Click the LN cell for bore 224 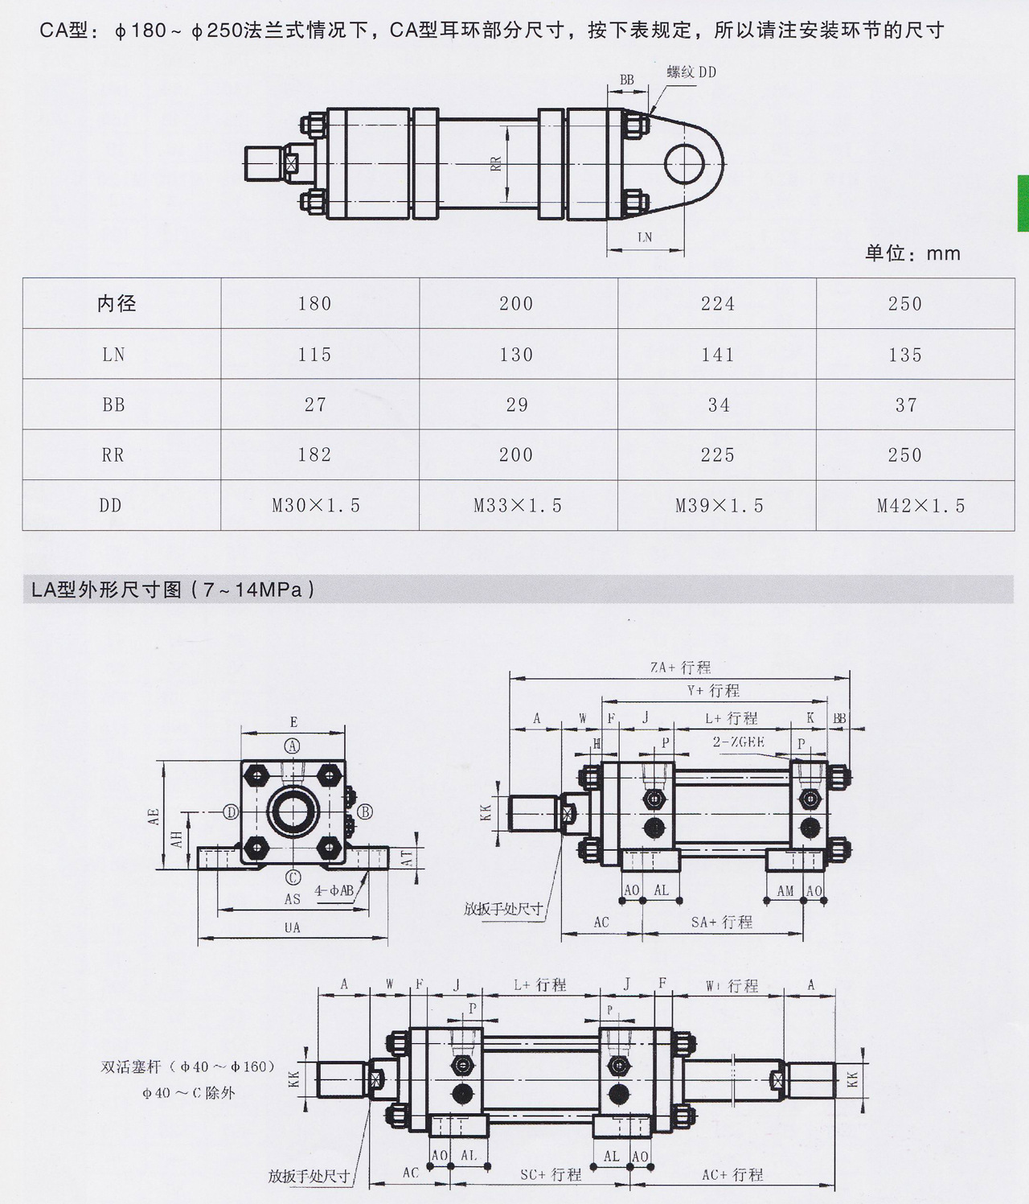point(717,355)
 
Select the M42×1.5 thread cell point(920,506)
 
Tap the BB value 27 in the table point(315,405)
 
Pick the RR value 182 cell point(314,455)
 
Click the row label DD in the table point(111,506)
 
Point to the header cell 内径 point(117,303)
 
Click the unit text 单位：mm point(912,253)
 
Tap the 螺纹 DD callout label point(691,72)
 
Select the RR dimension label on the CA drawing point(496,163)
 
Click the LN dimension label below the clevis point(645,237)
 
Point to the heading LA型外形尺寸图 point(174,590)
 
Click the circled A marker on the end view point(293,746)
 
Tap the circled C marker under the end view point(293,877)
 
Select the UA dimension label point(293,927)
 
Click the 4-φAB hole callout point(334,890)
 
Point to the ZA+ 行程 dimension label point(680,668)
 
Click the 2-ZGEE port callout point(738,742)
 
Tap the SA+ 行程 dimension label point(722,923)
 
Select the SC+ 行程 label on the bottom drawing point(551,1174)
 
